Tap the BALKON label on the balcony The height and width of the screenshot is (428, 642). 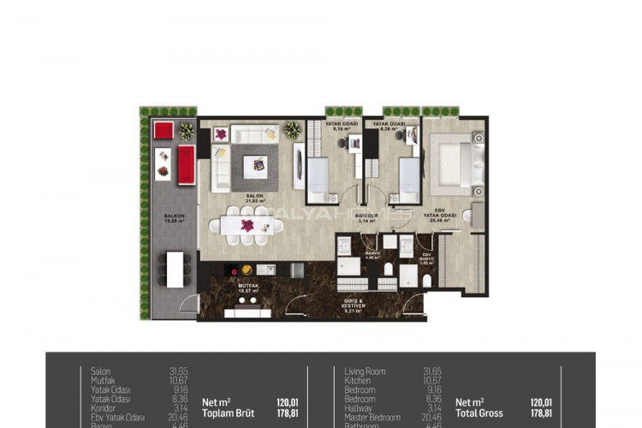(175, 217)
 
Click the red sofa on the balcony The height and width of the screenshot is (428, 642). (186, 163)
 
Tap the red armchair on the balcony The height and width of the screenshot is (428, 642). (163, 129)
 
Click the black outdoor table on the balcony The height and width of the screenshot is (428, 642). (175, 269)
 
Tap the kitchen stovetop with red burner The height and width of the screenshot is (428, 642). (235, 270)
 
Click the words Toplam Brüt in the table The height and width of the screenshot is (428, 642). (227, 413)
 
